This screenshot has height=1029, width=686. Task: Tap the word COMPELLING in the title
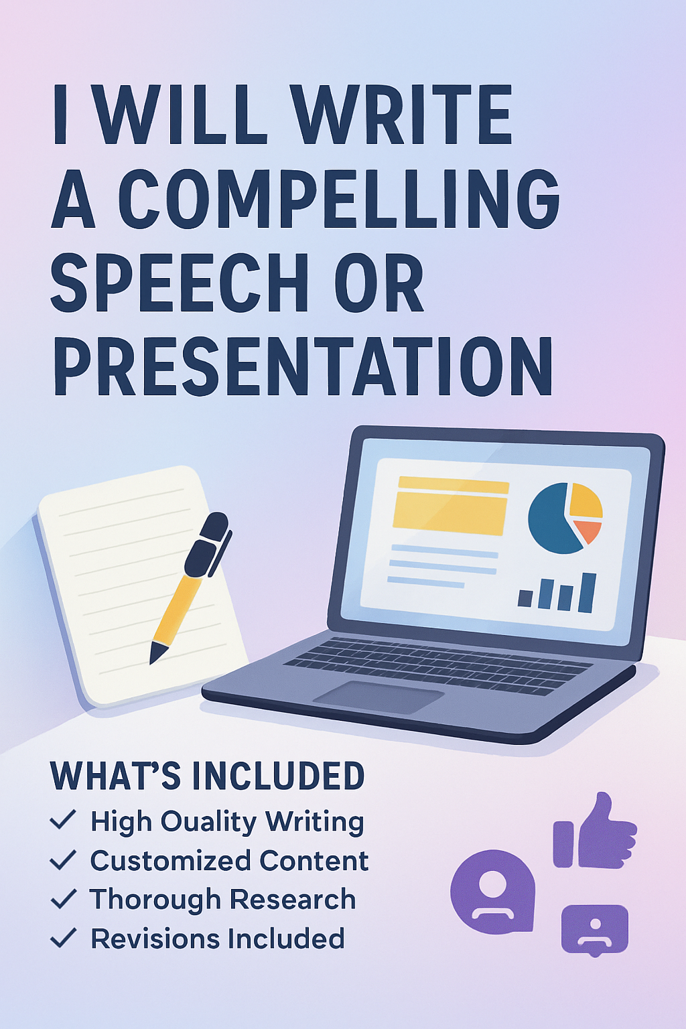coord(338,199)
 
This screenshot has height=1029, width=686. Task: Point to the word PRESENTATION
coord(303,367)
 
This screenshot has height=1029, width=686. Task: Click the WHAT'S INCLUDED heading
coord(207,776)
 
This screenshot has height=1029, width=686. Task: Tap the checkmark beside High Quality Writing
coord(63,819)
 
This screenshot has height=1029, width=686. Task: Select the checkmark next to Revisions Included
coord(63,937)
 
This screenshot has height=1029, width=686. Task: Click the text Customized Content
coord(229,861)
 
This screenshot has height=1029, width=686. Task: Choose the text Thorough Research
coord(222,900)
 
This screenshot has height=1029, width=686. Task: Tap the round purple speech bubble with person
coord(492,892)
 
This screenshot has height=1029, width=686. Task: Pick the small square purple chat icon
coord(594,929)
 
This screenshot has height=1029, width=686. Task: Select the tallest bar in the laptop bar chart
coord(588,592)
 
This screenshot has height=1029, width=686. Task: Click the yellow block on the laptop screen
coord(450,506)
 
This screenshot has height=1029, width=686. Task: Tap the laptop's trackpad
coord(379,697)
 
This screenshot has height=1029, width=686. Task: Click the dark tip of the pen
coord(157,652)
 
